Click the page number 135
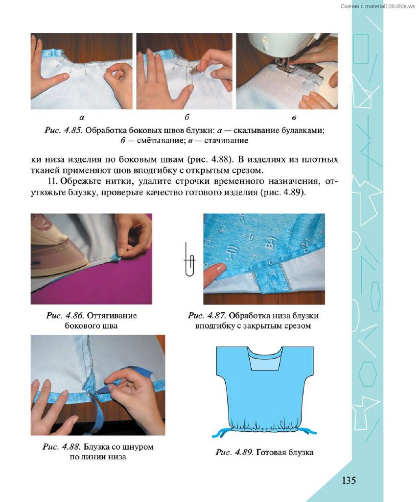pyautogui.click(x=349, y=480)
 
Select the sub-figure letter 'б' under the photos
pyautogui.click(x=187, y=117)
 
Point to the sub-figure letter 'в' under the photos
pyautogui.click(x=294, y=118)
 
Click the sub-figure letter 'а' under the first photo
pyautogui.click(x=82, y=118)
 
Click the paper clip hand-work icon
pyautogui.click(x=189, y=260)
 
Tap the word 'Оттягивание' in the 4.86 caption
pyautogui.click(x=112, y=316)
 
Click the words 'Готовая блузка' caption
pyautogui.click(x=285, y=452)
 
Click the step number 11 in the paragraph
pyautogui.click(x=53, y=181)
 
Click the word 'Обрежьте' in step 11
pyautogui.click(x=77, y=181)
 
